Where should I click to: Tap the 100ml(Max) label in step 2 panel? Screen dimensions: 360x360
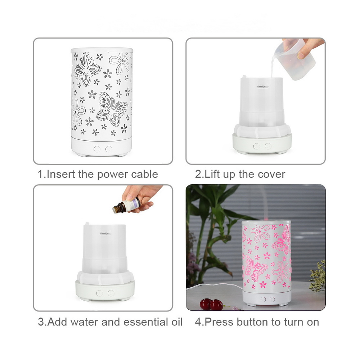pos(262,86)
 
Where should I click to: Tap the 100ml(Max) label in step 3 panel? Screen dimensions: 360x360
pos(105,234)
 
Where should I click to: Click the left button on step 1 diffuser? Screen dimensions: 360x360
pos(97,149)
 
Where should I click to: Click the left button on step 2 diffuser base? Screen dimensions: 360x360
pos(256,146)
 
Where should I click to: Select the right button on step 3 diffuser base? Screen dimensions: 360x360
pos(111,293)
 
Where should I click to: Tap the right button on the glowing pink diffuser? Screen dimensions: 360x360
pos(272,300)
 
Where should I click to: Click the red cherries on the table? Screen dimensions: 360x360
pos(211,305)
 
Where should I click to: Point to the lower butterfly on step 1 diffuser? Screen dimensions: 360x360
pos(112,109)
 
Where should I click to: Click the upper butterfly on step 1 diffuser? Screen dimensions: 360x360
pos(87,69)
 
